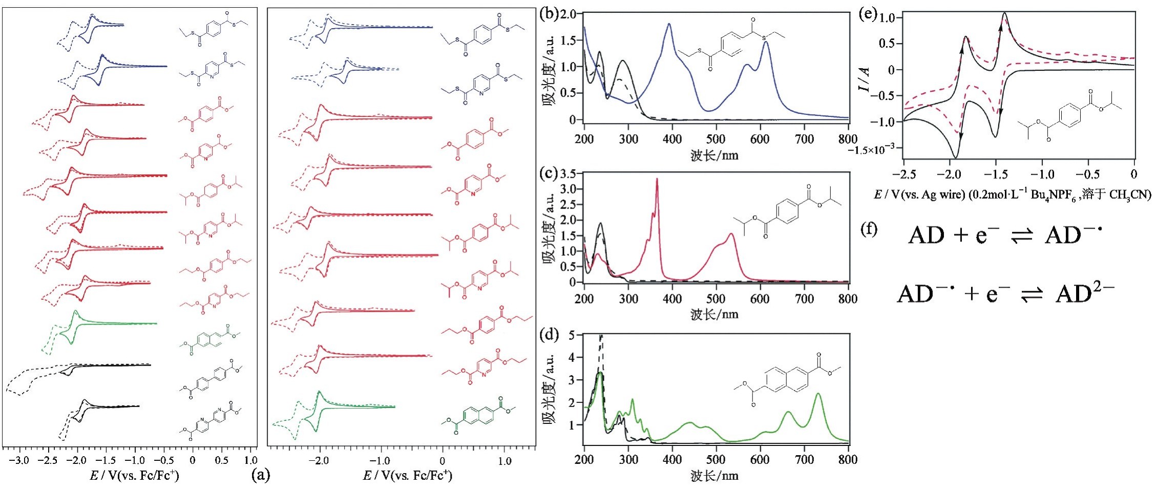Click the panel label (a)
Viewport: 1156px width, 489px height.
(x=260, y=476)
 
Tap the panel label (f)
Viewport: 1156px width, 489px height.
(x=869, y=229)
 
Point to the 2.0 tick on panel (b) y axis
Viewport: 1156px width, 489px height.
(x=569, y=14)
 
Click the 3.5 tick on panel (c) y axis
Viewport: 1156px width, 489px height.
(x=569, y=174)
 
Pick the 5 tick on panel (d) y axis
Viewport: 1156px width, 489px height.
(x=573, y=335)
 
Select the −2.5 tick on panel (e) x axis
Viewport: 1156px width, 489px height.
(x=903, y=174)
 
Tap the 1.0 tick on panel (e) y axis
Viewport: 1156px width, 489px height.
(x=887, y=18)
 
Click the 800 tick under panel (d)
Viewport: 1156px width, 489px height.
(x=848, y=459)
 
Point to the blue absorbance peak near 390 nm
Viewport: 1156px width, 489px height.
(x=669, y=24)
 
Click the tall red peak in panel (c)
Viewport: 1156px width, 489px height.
(x=657, y=179)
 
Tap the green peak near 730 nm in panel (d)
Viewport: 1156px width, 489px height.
(x=818, y=394)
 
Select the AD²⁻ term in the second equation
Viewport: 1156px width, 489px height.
(x=1085, y=294)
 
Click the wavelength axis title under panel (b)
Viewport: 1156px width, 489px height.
(x=714, y=155)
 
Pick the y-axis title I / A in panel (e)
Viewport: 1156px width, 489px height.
(x=865, y=79)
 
